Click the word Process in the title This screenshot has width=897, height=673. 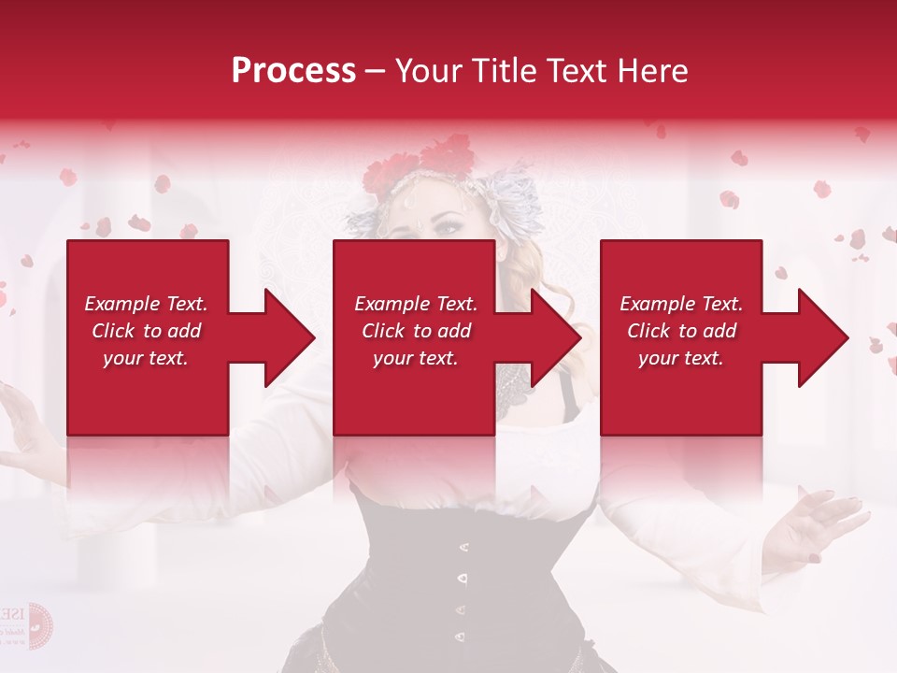pos(293,71)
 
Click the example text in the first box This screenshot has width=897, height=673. pos(146,331)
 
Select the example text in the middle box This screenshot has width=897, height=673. pos(416,331)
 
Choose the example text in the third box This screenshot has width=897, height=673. pos(681,331)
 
